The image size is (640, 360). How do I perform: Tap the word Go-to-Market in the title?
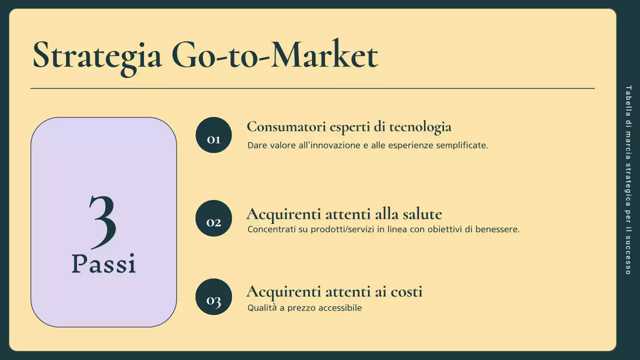click(274, 55)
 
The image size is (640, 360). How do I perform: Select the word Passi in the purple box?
click(103, 263)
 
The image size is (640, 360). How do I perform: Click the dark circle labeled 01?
click(213, 135)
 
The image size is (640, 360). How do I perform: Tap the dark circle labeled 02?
click(213, 218)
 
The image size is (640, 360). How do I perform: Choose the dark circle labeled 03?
click(213, 297)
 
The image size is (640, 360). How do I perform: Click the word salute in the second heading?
click(422, 214)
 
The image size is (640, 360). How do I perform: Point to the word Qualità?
click(262, 308)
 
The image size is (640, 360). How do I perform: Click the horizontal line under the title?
click(312, 88)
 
